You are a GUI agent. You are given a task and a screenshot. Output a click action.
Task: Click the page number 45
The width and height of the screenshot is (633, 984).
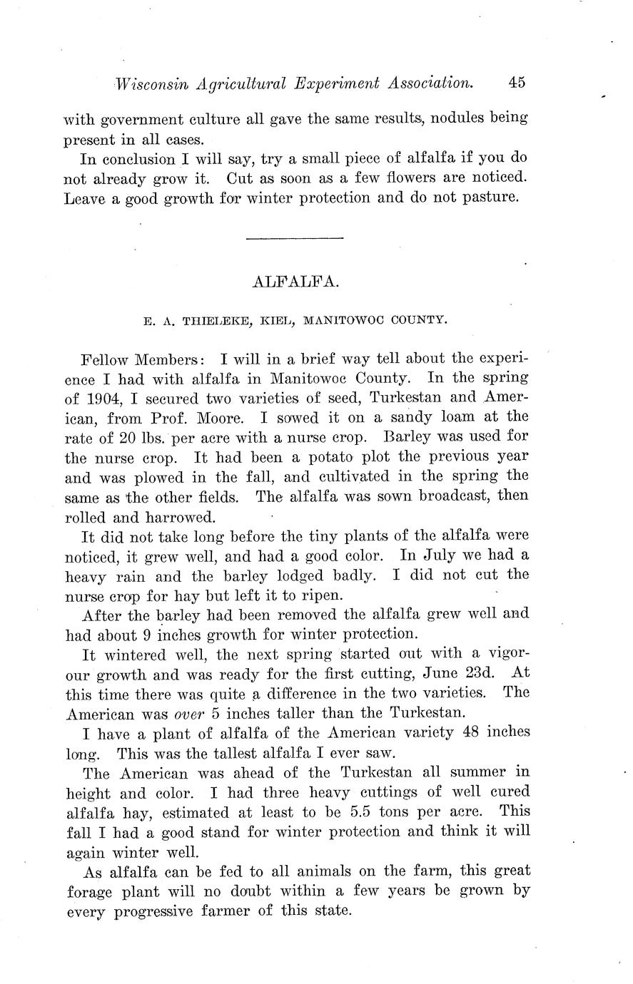coord(517,83)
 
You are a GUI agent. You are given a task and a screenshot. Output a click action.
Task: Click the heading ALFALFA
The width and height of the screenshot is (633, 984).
coord(295,282)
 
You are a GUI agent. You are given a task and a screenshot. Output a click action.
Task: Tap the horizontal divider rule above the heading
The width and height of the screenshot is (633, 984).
coord(294,237)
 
